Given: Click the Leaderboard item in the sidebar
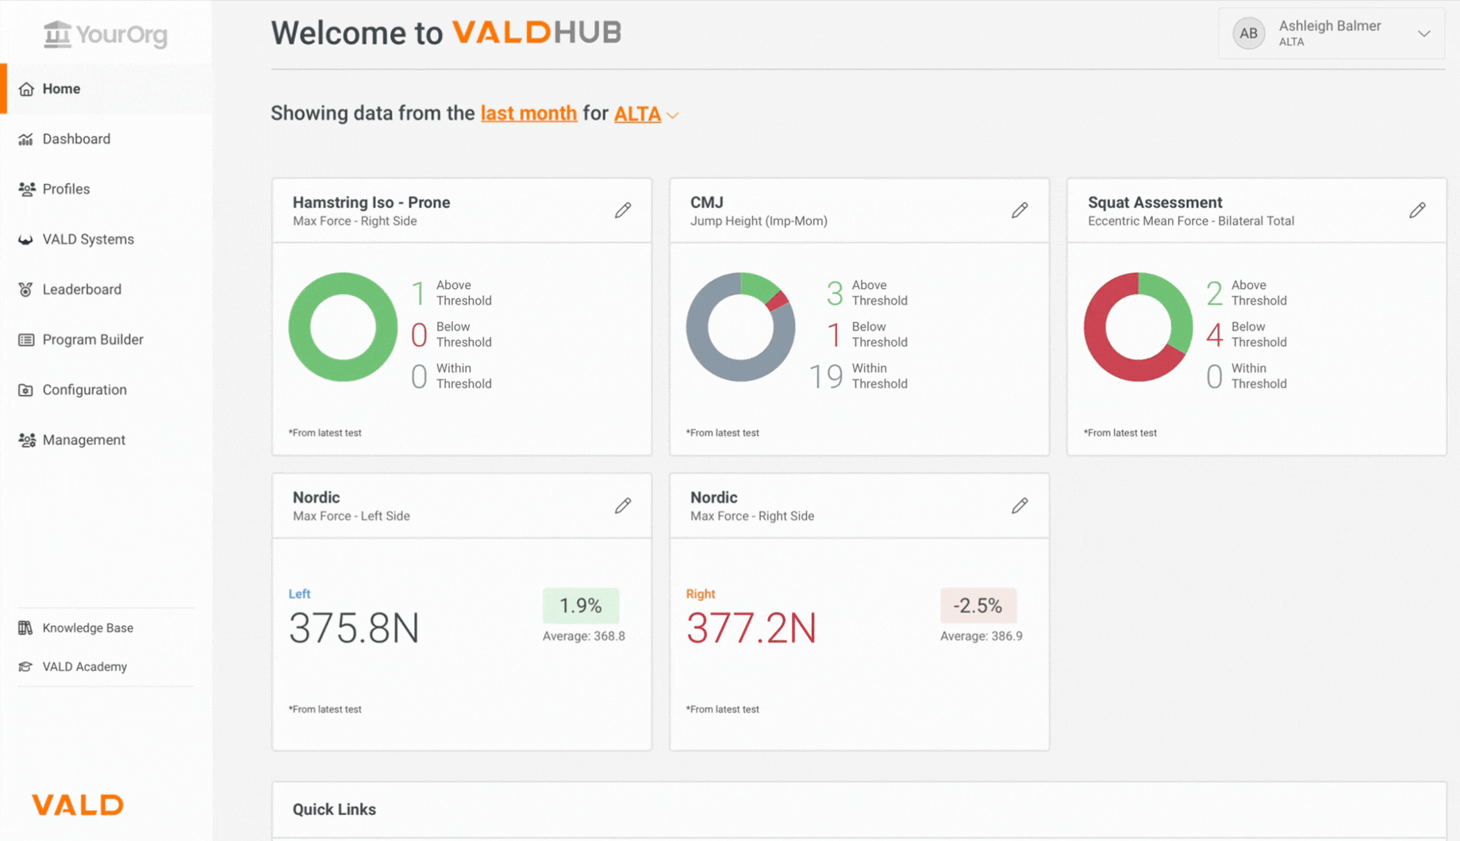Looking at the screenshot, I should (81, 290).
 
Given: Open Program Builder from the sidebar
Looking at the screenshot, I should (92, 340).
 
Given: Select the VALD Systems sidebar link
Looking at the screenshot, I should (87, 240).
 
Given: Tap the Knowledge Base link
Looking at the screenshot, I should (87, 628).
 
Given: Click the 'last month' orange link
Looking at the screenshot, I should (528, 113).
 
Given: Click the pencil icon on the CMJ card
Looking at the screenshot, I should (1020, 210).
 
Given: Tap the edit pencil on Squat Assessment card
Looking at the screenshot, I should (1417, 210).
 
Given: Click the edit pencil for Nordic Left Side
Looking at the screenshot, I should (623, 506).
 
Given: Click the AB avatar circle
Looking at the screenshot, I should (1248, 33).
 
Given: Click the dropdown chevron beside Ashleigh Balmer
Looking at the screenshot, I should (1423, 33).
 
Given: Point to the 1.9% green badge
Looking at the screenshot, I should (580, 606).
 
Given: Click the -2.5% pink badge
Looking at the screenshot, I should (978, 606).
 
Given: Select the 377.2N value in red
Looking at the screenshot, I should (751, 628).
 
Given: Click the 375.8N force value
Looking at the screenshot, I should (354, 628).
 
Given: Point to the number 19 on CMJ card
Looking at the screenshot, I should (825, 376).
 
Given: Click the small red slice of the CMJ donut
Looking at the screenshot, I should (778, 301).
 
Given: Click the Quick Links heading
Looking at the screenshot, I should (334, 809).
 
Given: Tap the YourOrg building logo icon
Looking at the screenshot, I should (57, 34).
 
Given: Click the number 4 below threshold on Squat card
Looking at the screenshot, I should (1214, 335).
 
